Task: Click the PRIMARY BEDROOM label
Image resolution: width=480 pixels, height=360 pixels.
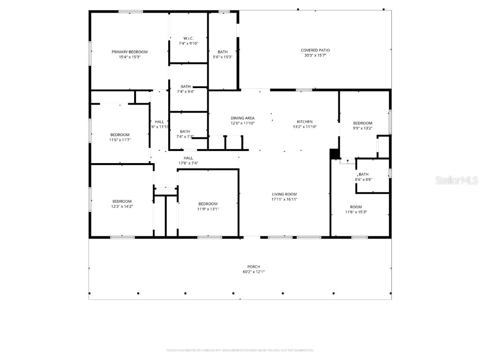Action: pos(129,52)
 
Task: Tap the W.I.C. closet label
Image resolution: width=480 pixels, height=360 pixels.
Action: pos(188,38)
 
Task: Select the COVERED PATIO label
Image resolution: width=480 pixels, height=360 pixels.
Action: pos(315,50)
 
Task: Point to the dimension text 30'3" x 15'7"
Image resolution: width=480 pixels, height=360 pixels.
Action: pos(315,55)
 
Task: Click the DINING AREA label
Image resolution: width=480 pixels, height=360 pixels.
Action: pos(242,118)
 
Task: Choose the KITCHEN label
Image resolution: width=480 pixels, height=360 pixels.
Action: pos(304,121)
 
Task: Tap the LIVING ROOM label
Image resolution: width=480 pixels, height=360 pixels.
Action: pos(285,194)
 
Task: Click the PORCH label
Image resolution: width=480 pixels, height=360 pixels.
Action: pos(254,267)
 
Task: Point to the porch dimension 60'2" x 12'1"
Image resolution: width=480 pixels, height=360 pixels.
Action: pos(254,272)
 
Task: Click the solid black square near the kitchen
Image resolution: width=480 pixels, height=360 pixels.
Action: pos(334,154)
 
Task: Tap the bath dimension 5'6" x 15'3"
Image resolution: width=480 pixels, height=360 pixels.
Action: pos(223,57)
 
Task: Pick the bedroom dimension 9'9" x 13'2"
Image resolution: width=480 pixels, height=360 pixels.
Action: pos(362,128)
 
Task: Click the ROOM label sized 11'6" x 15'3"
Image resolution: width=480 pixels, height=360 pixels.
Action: pos(356,207)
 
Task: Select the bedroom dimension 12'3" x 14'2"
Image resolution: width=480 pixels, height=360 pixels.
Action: pos(122,206)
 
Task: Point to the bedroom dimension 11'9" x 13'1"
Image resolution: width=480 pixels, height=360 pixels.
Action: pos(208,209)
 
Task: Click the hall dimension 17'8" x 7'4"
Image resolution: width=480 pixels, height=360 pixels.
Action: pos(188,163)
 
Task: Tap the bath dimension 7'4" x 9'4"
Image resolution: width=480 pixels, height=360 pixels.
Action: pos(186,91)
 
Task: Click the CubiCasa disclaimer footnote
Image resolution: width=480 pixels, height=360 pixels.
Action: pos(240,350)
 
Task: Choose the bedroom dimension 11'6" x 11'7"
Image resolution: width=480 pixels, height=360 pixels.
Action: pos(120,140)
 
